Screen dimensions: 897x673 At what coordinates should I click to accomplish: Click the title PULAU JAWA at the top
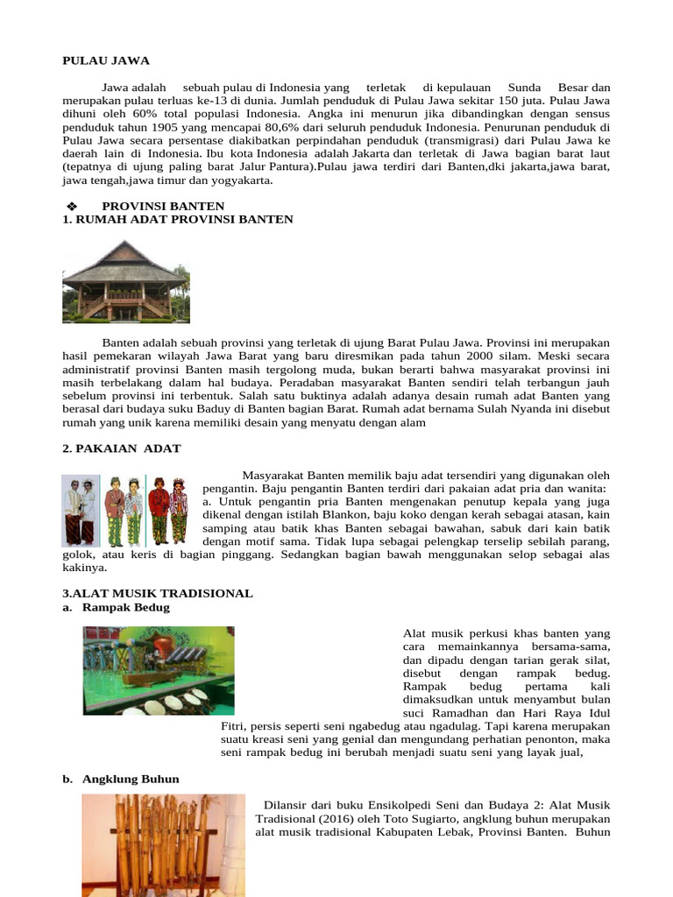[x=106, y=60]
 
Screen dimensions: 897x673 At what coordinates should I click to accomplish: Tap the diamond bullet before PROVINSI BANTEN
[x=73, y=206]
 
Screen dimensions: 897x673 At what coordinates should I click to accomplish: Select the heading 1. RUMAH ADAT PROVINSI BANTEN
[x=178, y=219]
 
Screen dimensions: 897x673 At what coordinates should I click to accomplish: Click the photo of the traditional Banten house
[x=125, y=281]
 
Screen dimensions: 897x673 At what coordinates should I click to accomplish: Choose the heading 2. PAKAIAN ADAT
[x=122, y=448]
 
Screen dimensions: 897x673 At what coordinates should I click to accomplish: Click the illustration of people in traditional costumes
[x=125, y=511]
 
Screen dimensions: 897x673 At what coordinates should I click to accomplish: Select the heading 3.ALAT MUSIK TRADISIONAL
[x=158, y=593]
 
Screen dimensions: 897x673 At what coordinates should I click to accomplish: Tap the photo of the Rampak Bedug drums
[x=159, y=670]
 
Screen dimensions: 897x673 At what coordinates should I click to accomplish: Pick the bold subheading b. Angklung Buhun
[x=131, y=778]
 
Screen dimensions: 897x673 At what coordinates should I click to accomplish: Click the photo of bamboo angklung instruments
[x=164, y=845]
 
